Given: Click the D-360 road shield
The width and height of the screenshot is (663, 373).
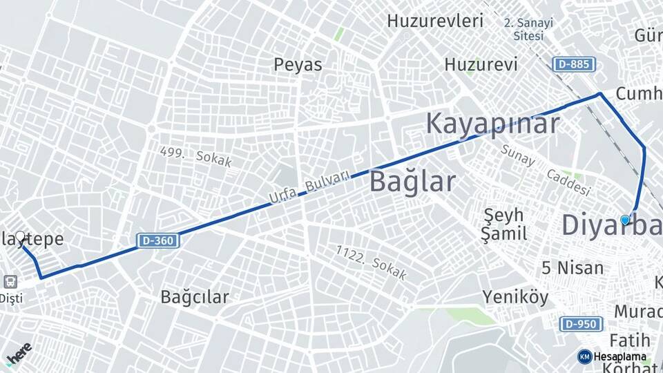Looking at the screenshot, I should coord(159,240).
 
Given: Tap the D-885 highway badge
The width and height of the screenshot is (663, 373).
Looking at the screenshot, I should coord(573,64).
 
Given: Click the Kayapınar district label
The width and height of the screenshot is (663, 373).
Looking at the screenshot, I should coord(492,124).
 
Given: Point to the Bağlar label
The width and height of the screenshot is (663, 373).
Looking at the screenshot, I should coord(412,182).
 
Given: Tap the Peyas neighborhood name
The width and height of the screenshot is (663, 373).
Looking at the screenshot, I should coord(298,65).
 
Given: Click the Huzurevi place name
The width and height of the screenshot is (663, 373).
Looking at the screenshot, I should coord(481,65).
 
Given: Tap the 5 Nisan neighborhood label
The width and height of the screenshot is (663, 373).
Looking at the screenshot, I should coord(573,267).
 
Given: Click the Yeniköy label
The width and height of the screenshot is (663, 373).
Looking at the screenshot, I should coord(515,298).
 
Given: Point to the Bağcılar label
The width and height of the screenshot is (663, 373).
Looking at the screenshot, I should coord(195,297).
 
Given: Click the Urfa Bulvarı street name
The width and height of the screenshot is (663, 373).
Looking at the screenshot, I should coord(309,188).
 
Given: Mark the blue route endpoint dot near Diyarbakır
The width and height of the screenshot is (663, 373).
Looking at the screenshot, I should coord(625,220).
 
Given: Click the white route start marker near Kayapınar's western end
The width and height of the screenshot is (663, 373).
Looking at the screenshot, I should coord(21,237).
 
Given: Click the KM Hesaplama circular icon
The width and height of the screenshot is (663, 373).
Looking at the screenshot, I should coord(584,356).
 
